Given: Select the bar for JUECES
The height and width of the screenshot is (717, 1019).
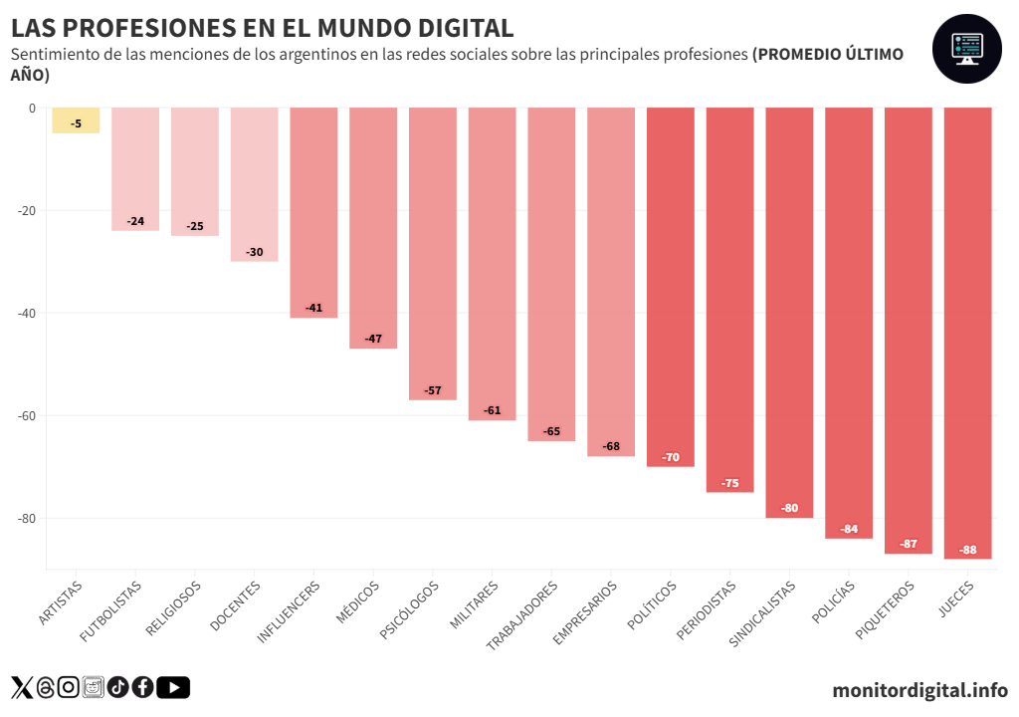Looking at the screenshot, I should pyautogui.click(x=967, y=329).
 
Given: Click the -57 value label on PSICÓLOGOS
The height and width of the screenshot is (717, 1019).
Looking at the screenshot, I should pyautogui.click(x=433, y=390).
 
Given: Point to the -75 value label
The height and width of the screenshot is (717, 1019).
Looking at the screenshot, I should pyautogui.click(x=729, y=483).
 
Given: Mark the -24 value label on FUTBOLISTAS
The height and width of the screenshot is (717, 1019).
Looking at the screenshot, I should pyautogui.click(x=135, y=221).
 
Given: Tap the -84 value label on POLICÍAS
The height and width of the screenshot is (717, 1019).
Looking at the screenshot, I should pyautogui.click(x=849, y=529).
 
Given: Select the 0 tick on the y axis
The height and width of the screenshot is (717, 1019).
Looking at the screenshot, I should pyautogui.click(x=32, y=109).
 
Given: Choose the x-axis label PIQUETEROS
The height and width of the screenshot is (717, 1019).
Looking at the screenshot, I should pyautogui.click(x=885, y=610).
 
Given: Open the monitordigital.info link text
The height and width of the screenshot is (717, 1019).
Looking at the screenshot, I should pyautogui.click(x=919, y=689).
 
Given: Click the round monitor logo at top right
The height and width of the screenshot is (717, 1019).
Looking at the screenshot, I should pyautogui.click(x=965, y=49).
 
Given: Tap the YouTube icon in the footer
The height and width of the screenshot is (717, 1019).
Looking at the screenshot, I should pyautogui.click(x=173, y=687).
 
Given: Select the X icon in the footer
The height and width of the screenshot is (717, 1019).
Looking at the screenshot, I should pyautogui.click(x=22, y=687).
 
